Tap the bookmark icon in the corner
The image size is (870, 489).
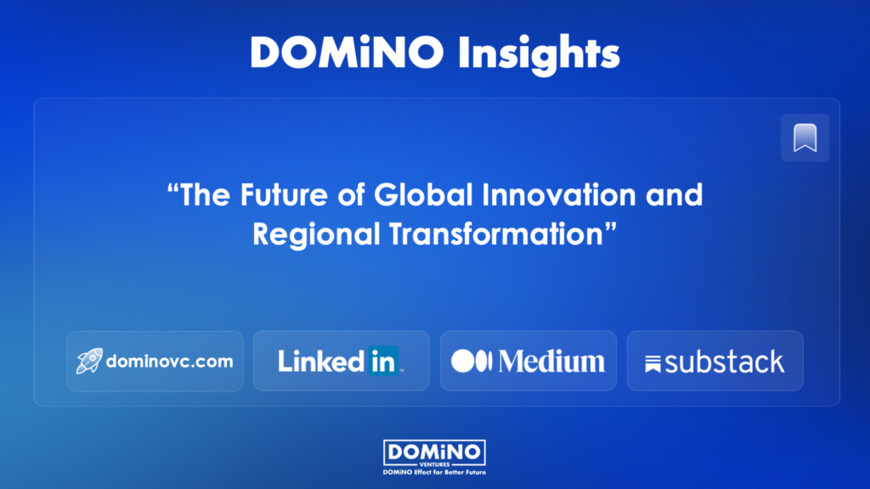click(x=805, y=138)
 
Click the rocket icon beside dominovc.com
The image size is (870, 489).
click(x=89, y=361)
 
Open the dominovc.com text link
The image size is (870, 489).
click(x=169, y=361)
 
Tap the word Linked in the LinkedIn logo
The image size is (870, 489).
click(x=321, y=362)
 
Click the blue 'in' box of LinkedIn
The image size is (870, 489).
click(x=383, y=362)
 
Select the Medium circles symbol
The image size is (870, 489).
click(x=472, y=361)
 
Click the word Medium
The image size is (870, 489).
click(x=552, y=361)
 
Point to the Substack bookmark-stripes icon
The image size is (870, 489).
click(x=653, y=363)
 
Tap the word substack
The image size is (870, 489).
click(x=725, y=362)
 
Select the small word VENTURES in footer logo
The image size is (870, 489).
click(x=434, y=464)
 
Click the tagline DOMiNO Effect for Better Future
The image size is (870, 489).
click(x=434, y=471)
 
